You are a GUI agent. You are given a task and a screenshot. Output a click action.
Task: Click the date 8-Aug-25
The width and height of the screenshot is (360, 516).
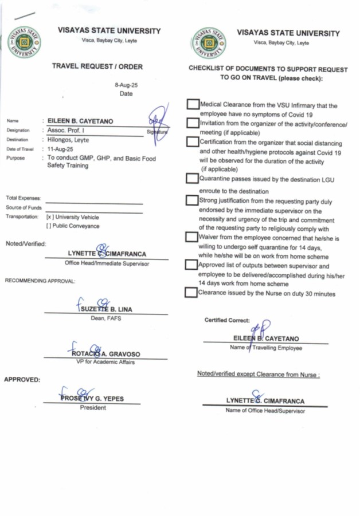(127, 85)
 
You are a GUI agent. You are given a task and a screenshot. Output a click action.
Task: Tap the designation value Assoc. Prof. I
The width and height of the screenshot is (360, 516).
(66, 130)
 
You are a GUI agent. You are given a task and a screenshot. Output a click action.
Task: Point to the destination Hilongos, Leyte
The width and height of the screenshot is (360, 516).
(68, 139)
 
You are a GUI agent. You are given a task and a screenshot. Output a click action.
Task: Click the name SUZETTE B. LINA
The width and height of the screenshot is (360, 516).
(107, 309)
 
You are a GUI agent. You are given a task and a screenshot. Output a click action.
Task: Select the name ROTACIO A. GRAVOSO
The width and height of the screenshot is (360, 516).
(107, 354)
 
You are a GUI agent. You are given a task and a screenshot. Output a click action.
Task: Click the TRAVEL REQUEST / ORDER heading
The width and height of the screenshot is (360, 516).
(97, 66)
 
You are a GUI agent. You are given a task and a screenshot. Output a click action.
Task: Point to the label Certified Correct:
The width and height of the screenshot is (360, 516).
(227, 321)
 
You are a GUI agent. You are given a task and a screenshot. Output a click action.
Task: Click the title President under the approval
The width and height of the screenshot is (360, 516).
(93, 408)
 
